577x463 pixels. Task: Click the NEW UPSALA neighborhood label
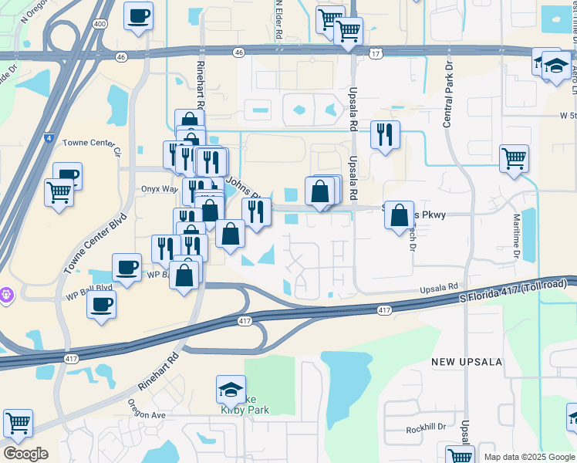coord(467,362)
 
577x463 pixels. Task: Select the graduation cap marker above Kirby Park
coord(231,391)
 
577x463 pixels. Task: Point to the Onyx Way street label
coord(159,188)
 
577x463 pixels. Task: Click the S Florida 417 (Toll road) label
coord(513,292)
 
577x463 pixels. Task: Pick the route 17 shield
coord(376,53)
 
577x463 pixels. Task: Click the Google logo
coord(25,454)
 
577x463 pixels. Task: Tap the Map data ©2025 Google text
coord(529,457)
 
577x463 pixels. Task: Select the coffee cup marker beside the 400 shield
coord(138,17)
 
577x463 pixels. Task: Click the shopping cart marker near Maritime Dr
coord(514,159)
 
